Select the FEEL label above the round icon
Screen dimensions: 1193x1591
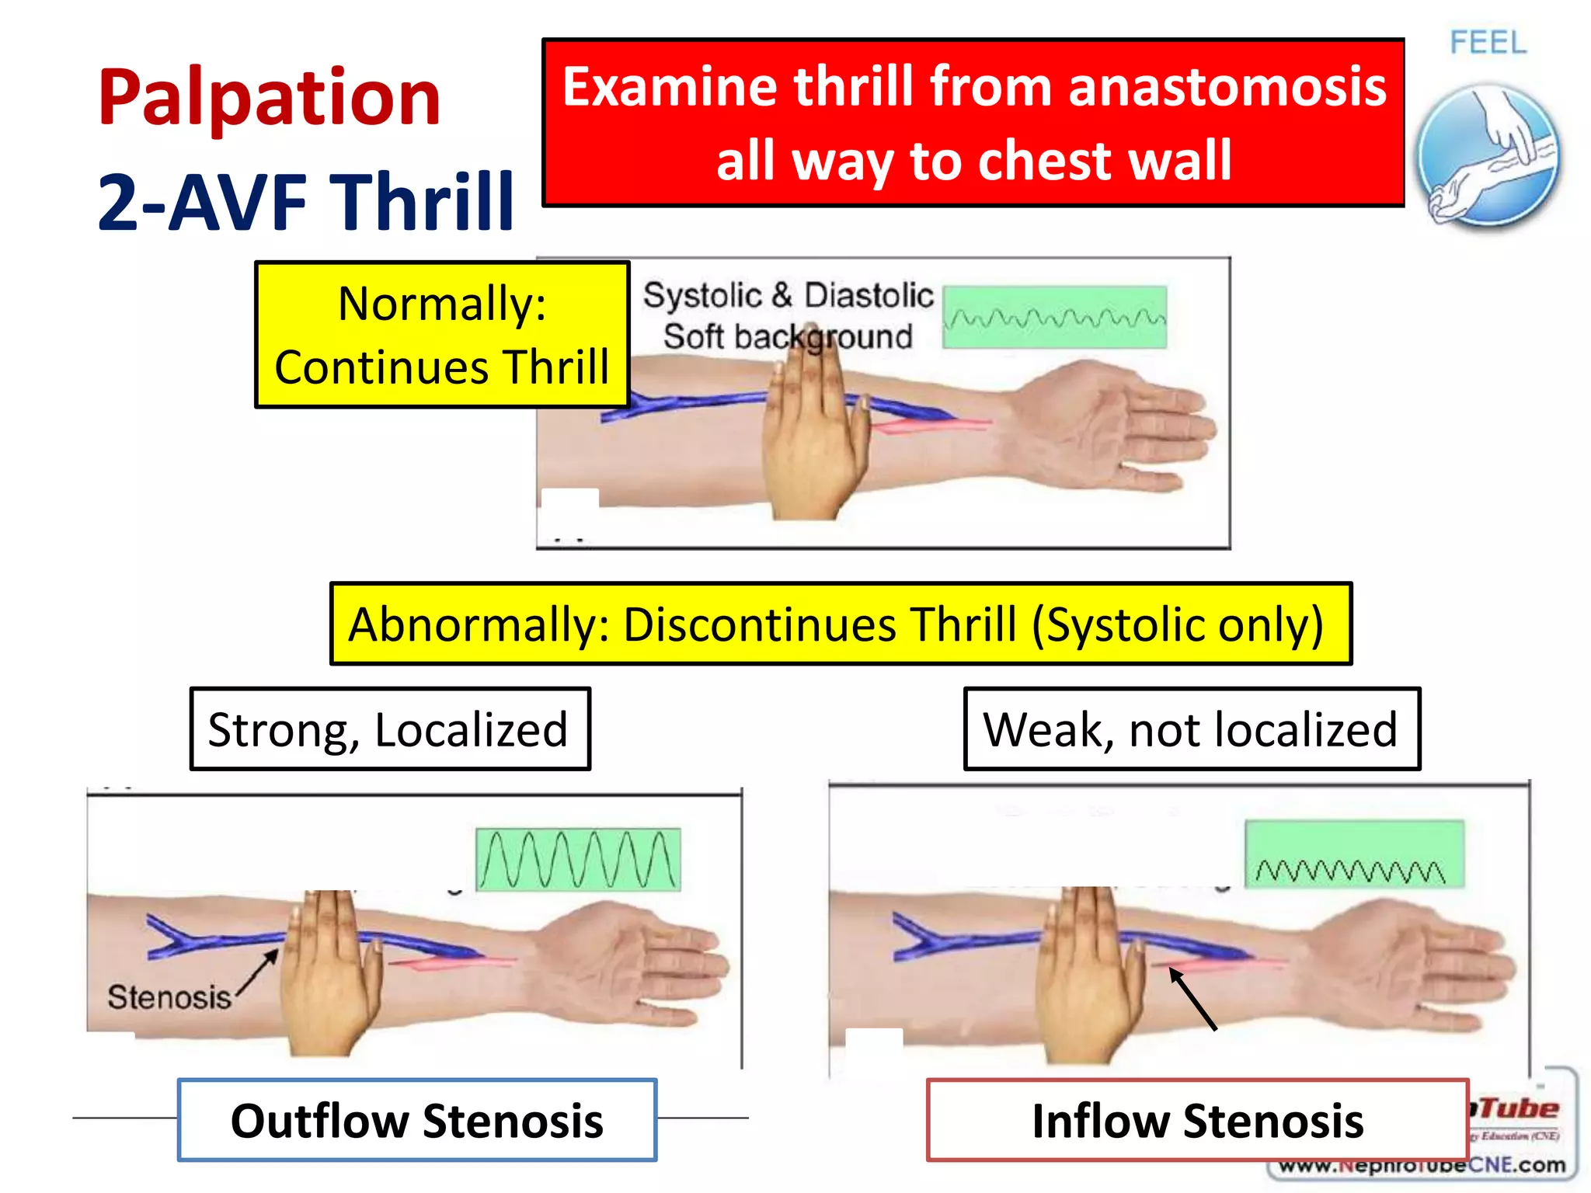pyautogui.click(x=1488, y=43)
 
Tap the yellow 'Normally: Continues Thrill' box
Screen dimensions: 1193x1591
pyautogui.click(x=441, y=335)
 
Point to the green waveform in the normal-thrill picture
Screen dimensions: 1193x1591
pyautogui.click(x=1054, y=318)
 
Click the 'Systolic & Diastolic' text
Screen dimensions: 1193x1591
pyautogui.click(x=788, y=295)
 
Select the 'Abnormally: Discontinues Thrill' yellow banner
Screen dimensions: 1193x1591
pyautogui.click(x=840, y=624)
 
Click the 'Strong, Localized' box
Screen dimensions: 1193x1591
pyautogui.click(x=389, y=729)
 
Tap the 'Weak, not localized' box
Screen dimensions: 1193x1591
pyautogui.click(x=1191, y=729)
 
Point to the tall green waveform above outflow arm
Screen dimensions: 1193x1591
pyautogui.click(x=577, y=859)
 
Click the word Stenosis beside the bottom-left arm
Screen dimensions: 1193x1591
pyautogui.click(x=169, y=997)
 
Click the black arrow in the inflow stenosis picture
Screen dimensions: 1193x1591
pyautogui.click(x=1192, y=999)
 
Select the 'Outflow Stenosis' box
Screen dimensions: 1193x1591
pyautogui.click(x=417, y=1120)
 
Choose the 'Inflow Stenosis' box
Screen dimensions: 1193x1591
pyautogui.click(x=1197, y=1120)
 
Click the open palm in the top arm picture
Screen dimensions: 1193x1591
pyautogui.click(x=1119, y=427)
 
